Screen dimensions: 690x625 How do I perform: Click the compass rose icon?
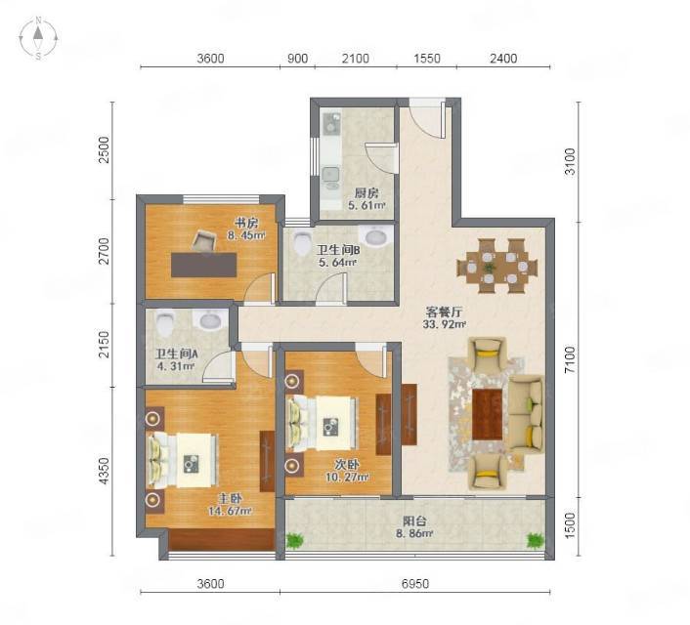39,38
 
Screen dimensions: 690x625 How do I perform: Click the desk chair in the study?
204,240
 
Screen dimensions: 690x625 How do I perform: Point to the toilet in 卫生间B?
303,243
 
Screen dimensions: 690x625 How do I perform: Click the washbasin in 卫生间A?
210,319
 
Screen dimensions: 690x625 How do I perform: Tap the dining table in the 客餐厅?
497,267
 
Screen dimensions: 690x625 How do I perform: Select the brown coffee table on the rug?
488,414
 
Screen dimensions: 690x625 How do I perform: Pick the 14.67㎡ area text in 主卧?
230,511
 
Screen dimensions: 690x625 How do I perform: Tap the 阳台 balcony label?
414,522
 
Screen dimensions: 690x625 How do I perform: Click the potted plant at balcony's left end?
294,541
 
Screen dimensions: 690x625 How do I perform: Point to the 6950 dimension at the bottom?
415,584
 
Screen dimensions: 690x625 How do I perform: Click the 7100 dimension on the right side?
570,359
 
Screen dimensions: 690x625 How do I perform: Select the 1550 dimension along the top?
426,59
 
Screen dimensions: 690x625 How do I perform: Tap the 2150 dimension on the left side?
104,345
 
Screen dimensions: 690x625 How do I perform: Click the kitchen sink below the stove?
330,175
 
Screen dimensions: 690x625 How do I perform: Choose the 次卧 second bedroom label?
347,465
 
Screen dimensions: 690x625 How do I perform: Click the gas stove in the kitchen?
331,123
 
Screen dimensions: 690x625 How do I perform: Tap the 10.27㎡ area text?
347,477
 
